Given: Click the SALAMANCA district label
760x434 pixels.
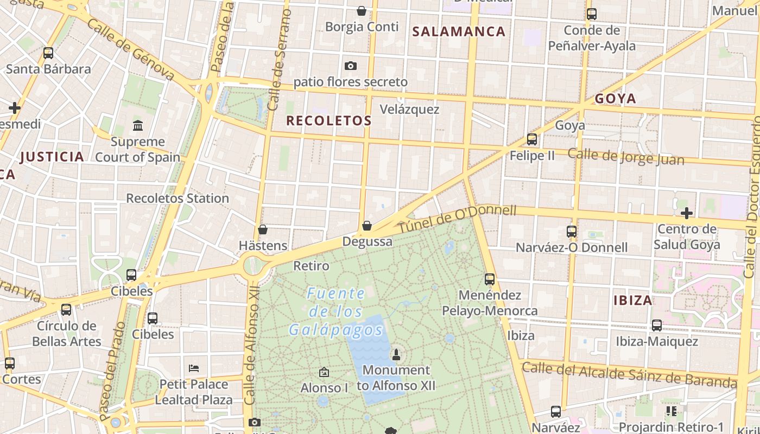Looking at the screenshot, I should (459, 31).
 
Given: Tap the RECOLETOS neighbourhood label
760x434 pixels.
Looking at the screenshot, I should (329, 120).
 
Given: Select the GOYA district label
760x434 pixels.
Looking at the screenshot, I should (615, 99).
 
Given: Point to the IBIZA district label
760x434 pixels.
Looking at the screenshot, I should (632, 300).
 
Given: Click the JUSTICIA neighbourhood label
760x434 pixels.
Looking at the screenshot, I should (52, 157).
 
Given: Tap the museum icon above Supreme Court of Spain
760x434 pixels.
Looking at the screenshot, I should (138, 126).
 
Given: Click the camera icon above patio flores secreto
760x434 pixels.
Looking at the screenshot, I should (351, 66).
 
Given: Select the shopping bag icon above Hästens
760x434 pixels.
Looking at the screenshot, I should (263, 229).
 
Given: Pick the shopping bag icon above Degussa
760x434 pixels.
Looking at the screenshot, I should (367, 226).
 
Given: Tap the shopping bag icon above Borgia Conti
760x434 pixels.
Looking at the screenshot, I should (362, 10).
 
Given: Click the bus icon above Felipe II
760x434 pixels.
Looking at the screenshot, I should (532, 139).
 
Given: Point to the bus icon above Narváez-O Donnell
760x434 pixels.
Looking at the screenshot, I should (571, 232).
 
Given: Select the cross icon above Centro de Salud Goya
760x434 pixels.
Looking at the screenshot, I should (687, 213).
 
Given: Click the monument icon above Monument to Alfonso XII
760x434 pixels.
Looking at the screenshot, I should (396, 355).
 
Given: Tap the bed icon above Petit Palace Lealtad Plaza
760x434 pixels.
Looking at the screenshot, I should (194, 368).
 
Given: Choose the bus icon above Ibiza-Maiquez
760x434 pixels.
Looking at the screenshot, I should (657, 325).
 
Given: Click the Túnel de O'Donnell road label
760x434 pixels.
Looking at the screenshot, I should (457, 219).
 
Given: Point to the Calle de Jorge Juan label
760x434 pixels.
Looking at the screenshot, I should (626, 156).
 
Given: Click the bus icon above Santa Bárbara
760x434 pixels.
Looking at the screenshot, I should (48, 53).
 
